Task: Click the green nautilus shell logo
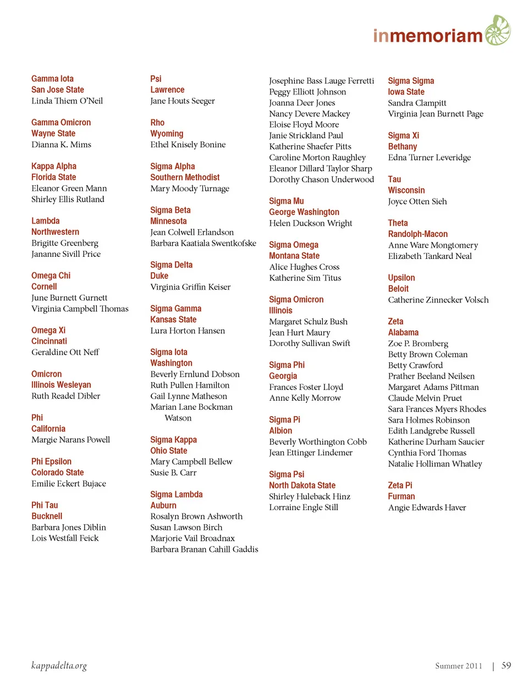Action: (x=498, y=30)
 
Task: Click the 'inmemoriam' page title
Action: (x=428, y=36)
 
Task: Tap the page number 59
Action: (x=506, y=666)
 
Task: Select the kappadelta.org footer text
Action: (x=59, y=666)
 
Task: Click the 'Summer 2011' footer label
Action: (x=458, y=666)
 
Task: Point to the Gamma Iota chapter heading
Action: (x=52, y=79)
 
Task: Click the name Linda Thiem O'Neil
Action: (x=67, y=101)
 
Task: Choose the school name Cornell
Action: (x=44, y=286)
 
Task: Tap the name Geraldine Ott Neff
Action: (x=65, y=352)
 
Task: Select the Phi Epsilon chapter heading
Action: (x=51, y=461)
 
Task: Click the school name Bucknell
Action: (x=47, y=516)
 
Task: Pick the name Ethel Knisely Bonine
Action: (x=188, y=145)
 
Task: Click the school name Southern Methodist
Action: (x=185, y=177)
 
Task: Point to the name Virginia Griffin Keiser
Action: (x=190, y=287)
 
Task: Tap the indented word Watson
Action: (x=178, y=418)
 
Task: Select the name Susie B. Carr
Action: (x=173, y=473)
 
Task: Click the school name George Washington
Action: (x=304, y=212)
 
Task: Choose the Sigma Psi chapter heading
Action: (x=287, y=474)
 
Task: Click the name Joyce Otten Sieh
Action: (x=417, y=201)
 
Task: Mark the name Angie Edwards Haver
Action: (x=427, y=507)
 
